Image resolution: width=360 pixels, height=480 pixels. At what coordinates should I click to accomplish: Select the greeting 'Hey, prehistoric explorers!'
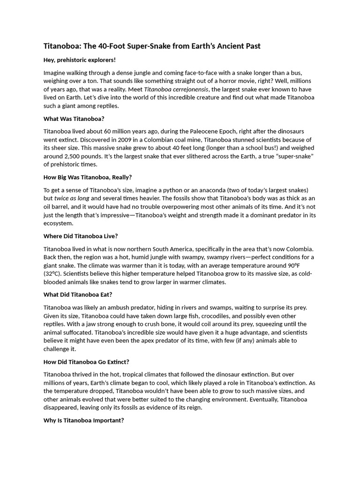click(80, 60)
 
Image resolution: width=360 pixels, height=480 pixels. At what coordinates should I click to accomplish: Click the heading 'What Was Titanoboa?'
click(74, 119)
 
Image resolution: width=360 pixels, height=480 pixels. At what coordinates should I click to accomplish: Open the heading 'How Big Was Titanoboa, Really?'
click(88, 177)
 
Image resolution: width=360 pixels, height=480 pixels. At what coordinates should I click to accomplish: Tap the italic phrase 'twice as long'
click(72, 198)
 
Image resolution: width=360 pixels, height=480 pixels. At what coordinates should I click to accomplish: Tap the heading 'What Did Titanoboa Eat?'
click(78, 294)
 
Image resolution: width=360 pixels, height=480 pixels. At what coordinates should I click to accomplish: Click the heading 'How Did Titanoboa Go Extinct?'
click(86, 362)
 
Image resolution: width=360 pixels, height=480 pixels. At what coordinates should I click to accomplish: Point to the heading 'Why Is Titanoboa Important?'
click(84, 420)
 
